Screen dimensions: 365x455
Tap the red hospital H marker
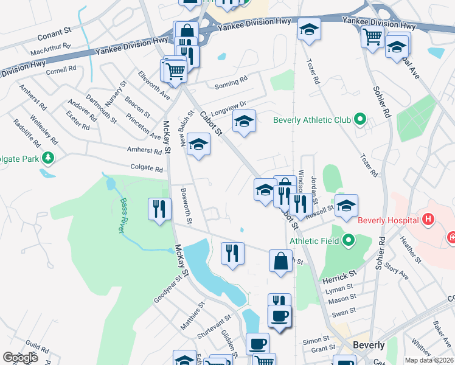tap(429, 219)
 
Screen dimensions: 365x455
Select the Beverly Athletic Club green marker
tap(359, 120)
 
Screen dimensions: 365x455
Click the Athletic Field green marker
tap(349, 240)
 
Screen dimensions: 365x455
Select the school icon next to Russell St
tap(346, 206)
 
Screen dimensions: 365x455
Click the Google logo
tap(21, 358)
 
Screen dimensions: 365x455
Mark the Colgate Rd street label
tap(147, 169)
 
